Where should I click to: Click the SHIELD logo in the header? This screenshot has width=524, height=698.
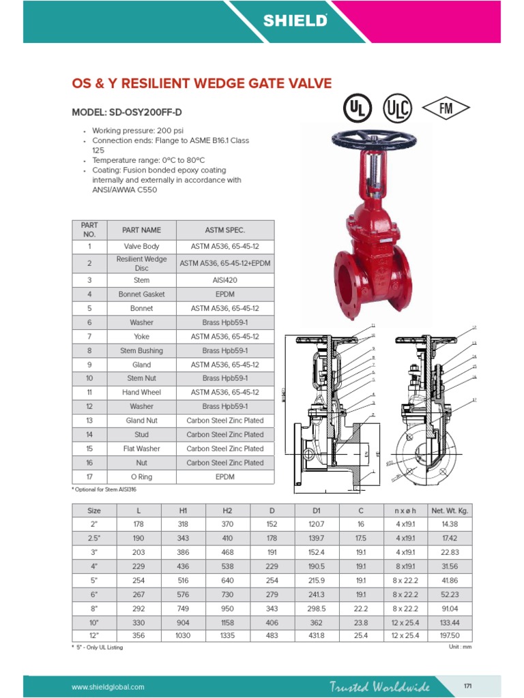point(295,21)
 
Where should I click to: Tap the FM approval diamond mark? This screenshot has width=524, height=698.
point(446,108)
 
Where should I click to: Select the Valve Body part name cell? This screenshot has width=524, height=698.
point(141,246)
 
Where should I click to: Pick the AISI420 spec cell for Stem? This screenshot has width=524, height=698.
point(224,279)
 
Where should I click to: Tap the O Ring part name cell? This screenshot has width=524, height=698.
point(141,476)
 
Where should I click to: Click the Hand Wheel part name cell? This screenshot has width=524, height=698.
point(141,392)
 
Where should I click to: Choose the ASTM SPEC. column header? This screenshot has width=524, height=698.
point(224,230)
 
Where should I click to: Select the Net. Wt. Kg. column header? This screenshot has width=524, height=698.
point(450,510)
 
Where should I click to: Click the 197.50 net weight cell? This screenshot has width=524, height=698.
point(450,635)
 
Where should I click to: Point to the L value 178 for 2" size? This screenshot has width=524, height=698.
point(139,524)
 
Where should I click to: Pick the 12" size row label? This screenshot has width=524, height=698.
point(93,635)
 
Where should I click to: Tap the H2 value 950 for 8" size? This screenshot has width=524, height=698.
point(227,607)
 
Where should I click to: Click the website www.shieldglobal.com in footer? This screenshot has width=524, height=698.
point(108,686)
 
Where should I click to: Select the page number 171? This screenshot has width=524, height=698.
point(468,686)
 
